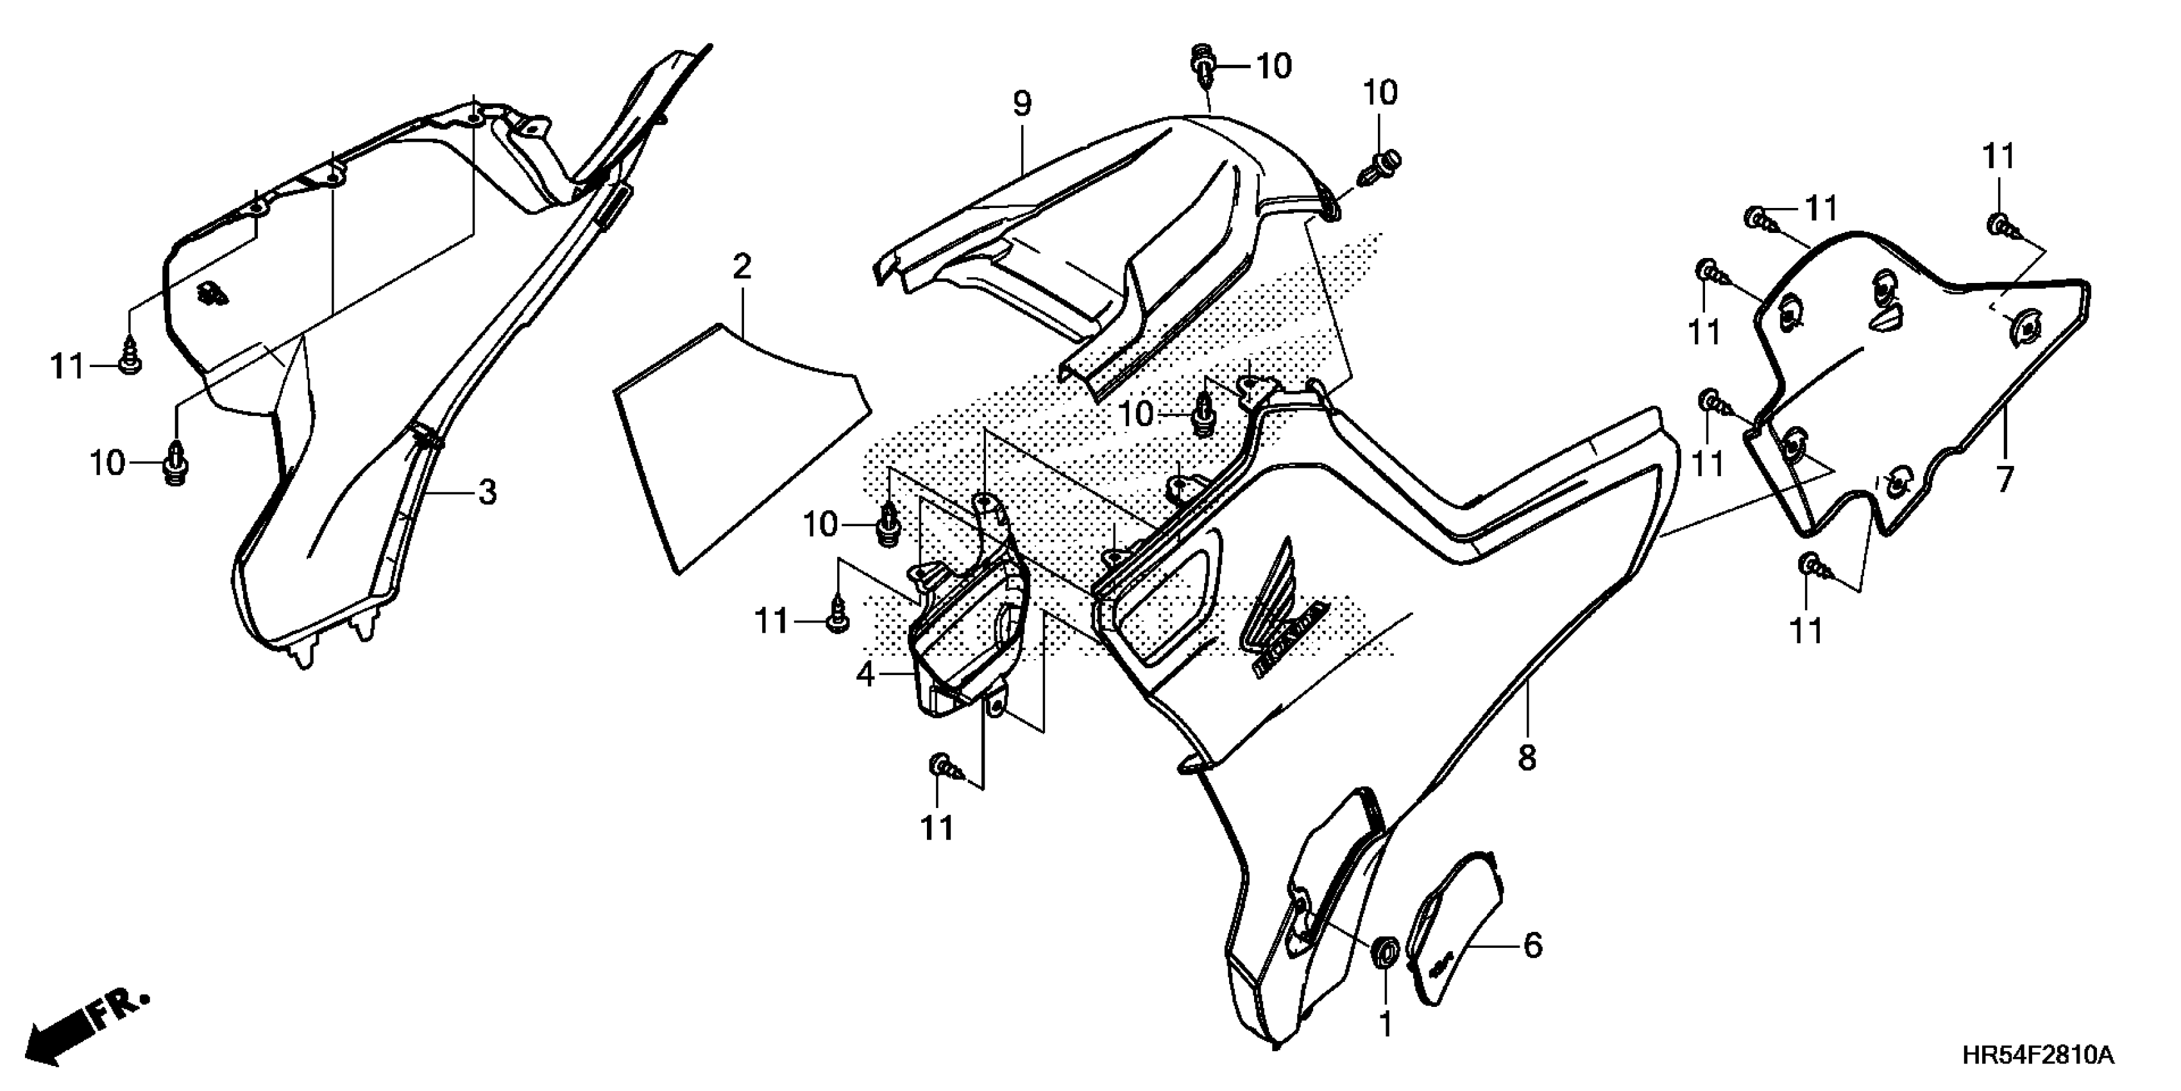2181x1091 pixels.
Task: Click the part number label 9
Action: pos(1022,104)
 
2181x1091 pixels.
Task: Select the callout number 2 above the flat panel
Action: pos(742,268)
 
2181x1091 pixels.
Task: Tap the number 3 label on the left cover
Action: pos(487,492)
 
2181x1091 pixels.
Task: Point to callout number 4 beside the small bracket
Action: pos(865,674)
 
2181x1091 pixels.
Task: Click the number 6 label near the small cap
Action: pos(1532,945)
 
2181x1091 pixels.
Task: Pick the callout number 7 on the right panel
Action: pos(2004,480)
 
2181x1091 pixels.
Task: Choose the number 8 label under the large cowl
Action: pos(1527,758)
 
